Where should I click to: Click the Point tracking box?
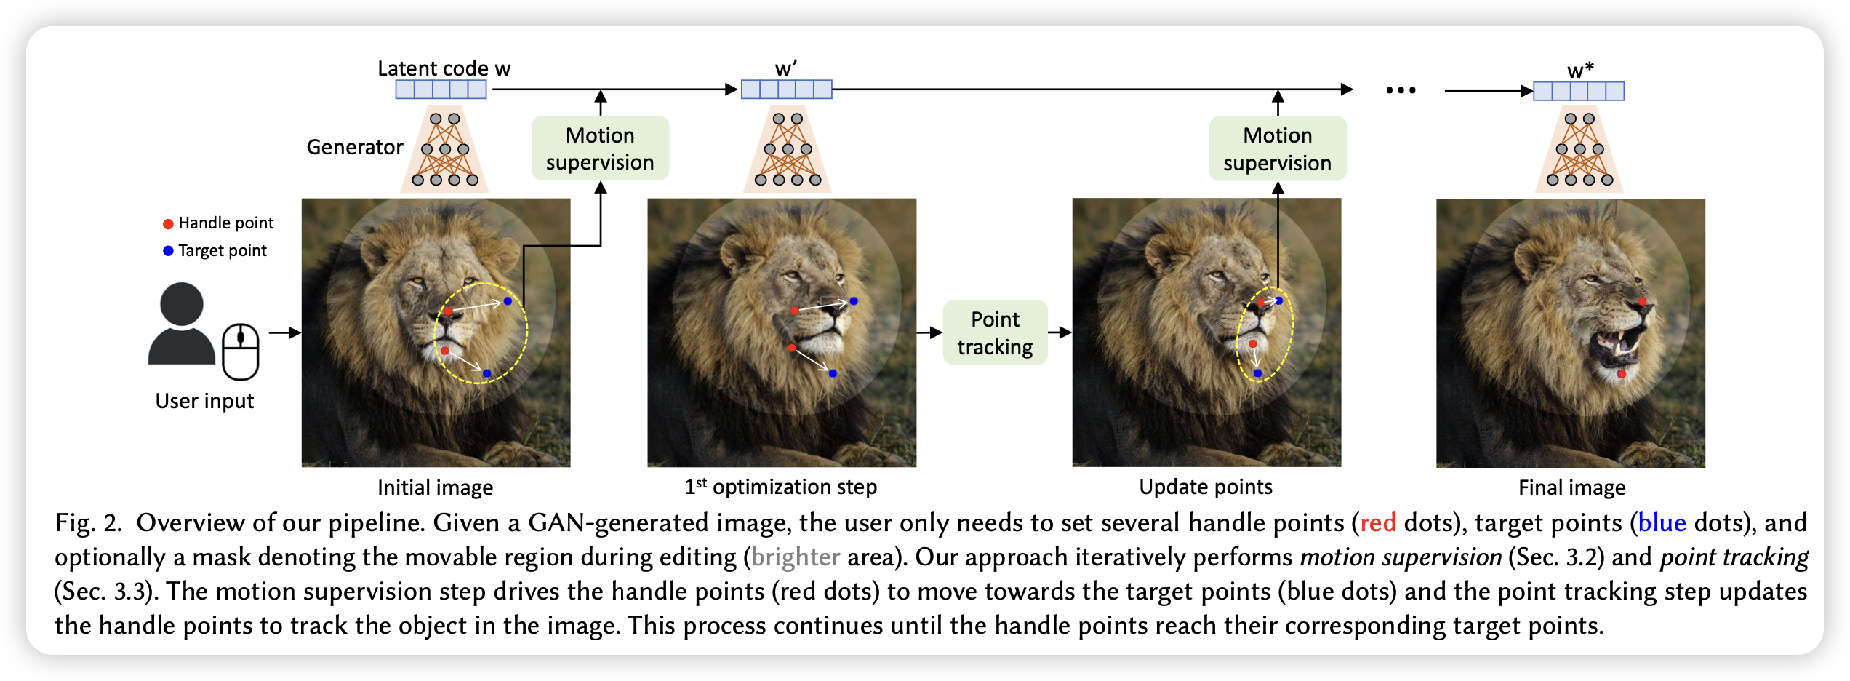click(995, 332)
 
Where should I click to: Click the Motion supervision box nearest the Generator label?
click(600, 148)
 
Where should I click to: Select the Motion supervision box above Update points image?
click(1278, 148)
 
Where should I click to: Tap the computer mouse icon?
click(241, 352)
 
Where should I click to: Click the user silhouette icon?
click(182, 323)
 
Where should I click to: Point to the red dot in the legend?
click(168, 224)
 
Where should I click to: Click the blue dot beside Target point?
click(168, 251)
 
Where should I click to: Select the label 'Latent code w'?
click(444, 68)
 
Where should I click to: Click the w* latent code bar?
click(1579, 91)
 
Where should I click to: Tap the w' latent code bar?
click(787, 89)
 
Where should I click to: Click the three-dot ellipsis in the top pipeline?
click(1401, 90)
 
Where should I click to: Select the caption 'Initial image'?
click(435, 487)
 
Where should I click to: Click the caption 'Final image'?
click(1571, 487)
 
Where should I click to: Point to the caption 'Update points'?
click(1206, 487)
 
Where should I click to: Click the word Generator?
click(355, 147)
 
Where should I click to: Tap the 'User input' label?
click(204, 401)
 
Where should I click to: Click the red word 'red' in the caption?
click(1378, 522)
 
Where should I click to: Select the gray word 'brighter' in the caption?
click(796, 557)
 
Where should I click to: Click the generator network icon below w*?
click(1579, 149)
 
